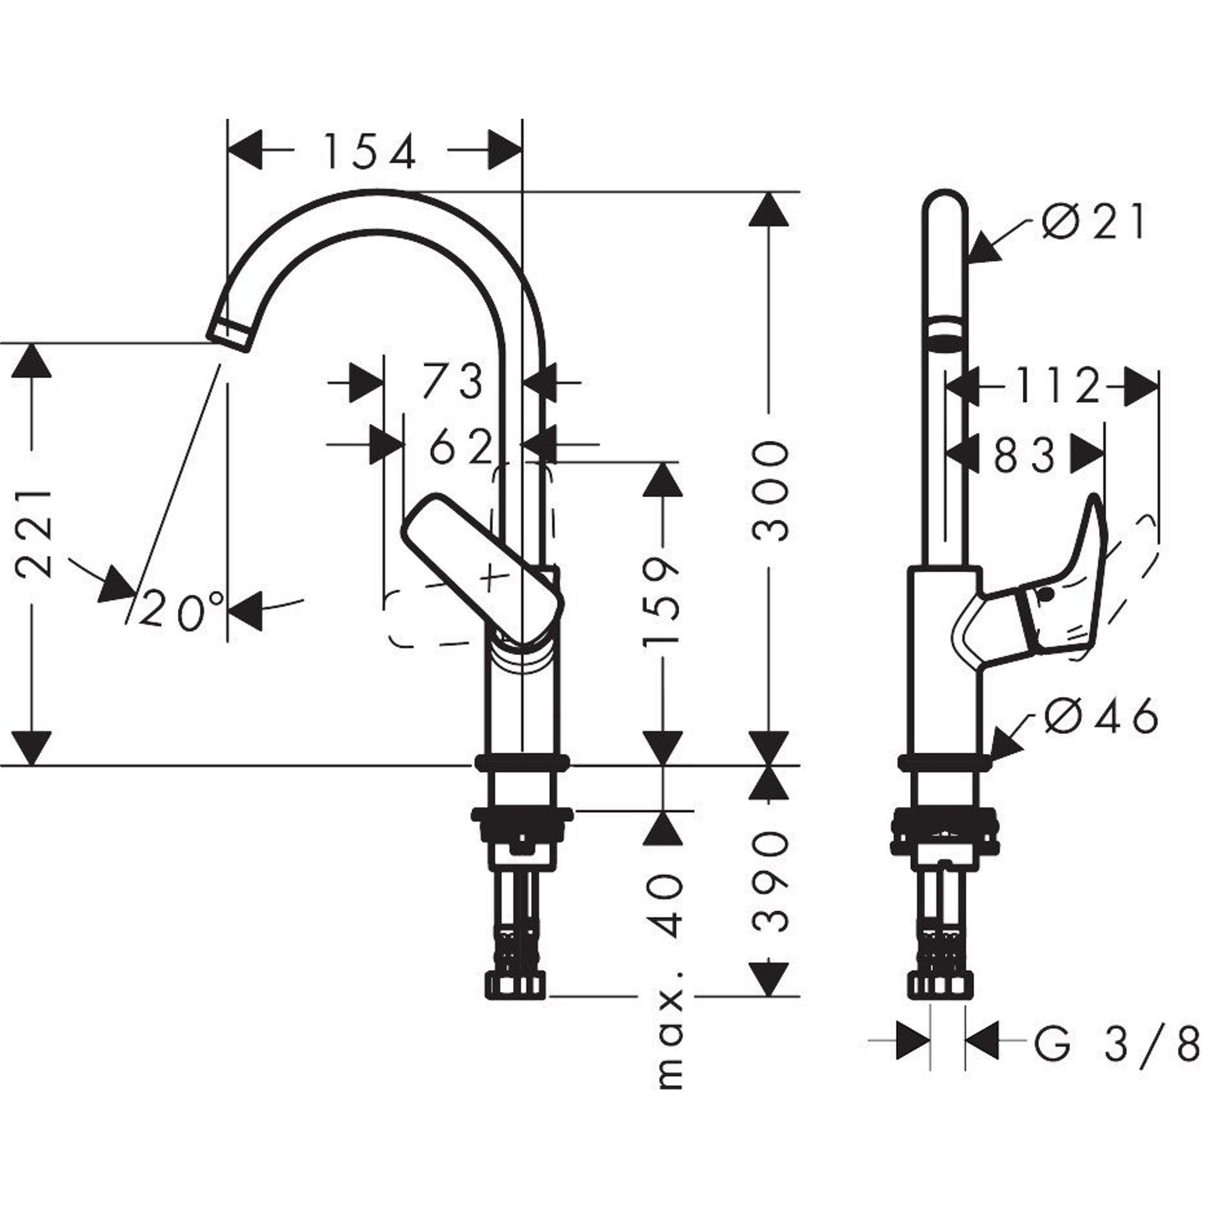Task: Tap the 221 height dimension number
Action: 33,534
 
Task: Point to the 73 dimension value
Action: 452,381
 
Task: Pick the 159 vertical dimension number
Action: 662,600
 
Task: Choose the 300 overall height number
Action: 770,490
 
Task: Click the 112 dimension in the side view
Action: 1057,386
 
